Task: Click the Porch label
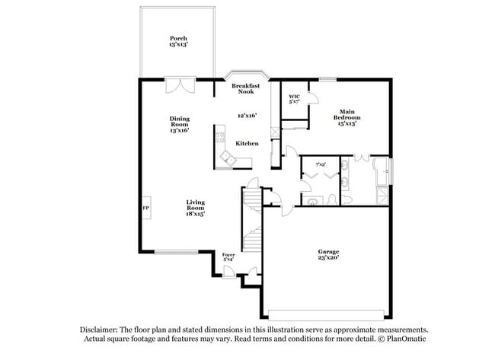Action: point(178,38)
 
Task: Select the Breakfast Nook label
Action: point(246,88)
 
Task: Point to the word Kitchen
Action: point(246,143)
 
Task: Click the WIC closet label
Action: point(294,97)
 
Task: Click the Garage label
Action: point(328,252)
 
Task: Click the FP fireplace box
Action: point(145,207)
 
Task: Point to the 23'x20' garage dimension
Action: point(328,259)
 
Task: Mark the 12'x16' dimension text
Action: point(246,116)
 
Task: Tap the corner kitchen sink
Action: point(226,158)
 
